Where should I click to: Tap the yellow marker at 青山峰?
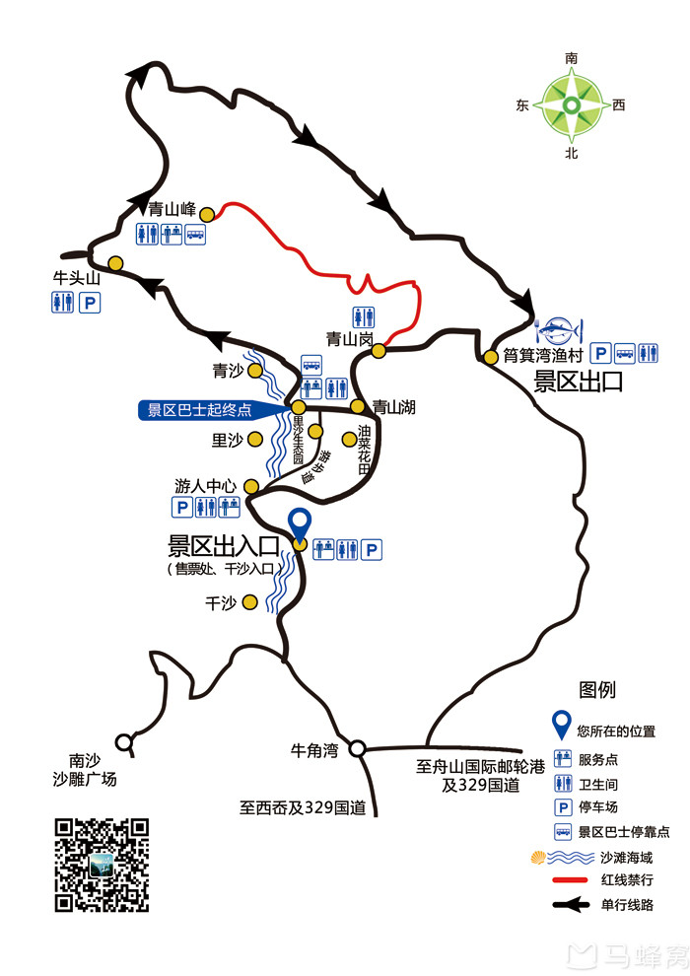(207, 214)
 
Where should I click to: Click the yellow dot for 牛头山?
(115, 263)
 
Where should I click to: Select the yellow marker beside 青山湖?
(358, 405)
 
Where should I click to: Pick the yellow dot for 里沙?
(254, 440)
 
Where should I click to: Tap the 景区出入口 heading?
(225, 546)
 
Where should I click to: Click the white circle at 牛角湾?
(358, 748)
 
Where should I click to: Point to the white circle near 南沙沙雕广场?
(124, 741)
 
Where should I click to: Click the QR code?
(102, 865)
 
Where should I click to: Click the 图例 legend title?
(597, 690)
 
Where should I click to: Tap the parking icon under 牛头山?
(89, 304)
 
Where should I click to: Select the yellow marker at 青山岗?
(379, 350)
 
